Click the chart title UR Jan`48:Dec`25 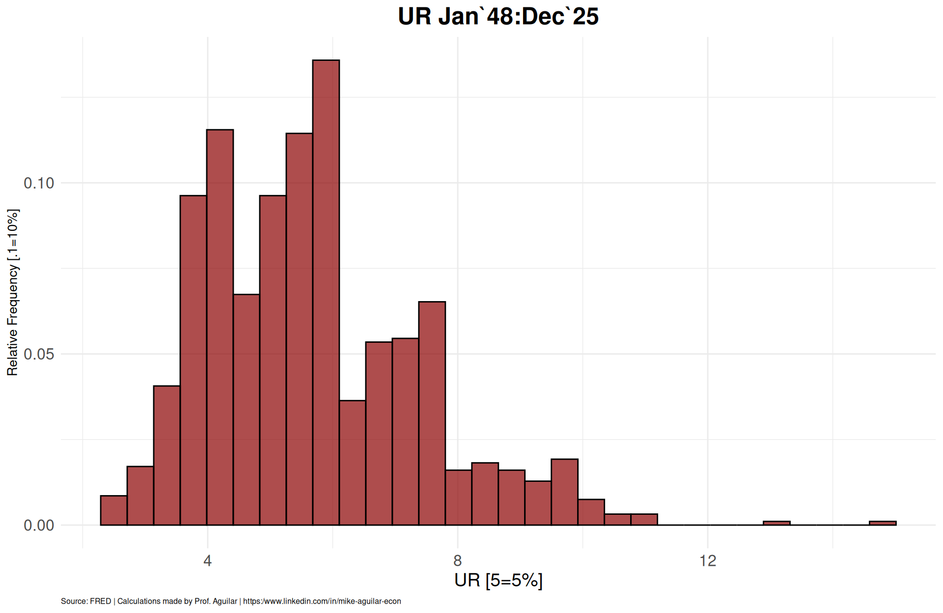498,17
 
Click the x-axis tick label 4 207,560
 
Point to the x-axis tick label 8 457,560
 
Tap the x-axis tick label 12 708,560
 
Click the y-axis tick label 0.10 39,183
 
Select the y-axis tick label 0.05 39,354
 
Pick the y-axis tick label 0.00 39,526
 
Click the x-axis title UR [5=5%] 498,581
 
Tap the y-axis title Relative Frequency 13,292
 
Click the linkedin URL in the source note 322,601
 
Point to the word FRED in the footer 100,601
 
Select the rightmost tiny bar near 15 883,523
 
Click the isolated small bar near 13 777,523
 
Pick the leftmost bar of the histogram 113,511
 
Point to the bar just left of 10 564,492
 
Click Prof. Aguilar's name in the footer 216,601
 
